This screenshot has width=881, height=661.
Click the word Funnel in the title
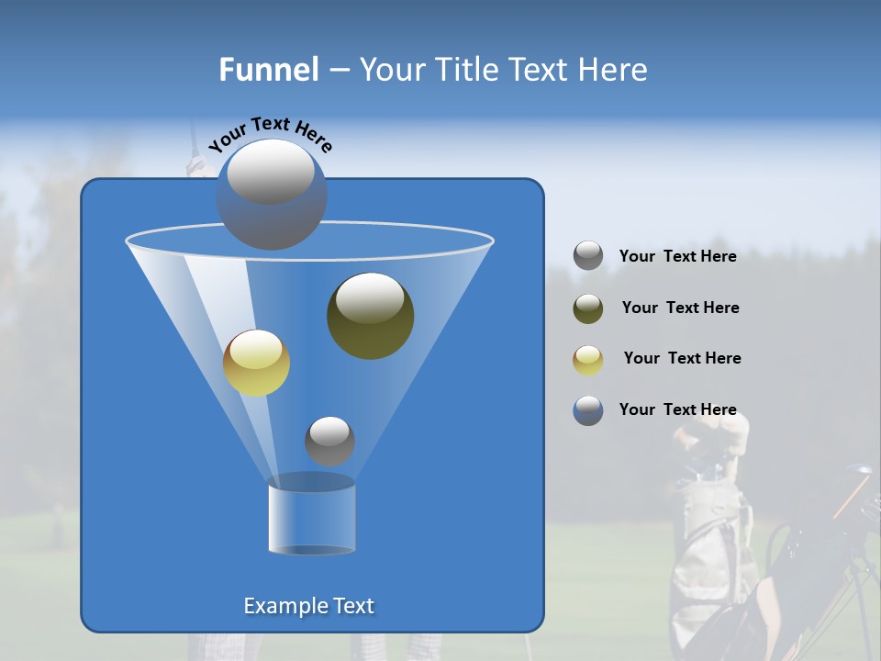pyautogui.click(x=268, y=70)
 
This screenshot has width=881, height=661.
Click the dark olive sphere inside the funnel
pyautogui.click(x=371, y=316)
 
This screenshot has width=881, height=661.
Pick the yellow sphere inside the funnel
pyautogui.click(x=256, y=363)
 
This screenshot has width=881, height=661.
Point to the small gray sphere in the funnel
pyautogui.click(x=329, y=441)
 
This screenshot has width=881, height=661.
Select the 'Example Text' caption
pyautogui.click(x=309, y=606)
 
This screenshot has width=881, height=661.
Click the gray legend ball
pyautogui.click(x=588, y=256)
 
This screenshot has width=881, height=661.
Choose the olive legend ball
pyautogui.click(x=588, y=308)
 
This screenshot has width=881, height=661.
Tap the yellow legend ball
pyautogui.click(x=588, y=359)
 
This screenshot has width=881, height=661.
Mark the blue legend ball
pyautogui.click(x=588, y=410)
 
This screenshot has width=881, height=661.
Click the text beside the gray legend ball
pyautogui.click(x=677, y=256)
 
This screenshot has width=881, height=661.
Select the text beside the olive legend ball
pyautogui.click(x=680, y=308)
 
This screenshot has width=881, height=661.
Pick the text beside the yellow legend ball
pyautogui.click(x=682, y=358)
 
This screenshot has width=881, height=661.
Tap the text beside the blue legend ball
pyautogui.click(x=677, y=409)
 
